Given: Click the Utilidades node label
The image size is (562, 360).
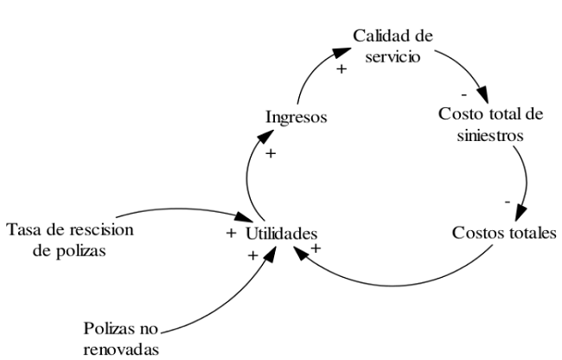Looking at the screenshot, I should pos(283,233).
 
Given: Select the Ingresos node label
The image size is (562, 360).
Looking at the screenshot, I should pos(297,118).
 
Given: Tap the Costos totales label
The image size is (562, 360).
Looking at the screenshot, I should pos(499,234).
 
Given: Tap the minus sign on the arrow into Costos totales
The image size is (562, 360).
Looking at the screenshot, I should pos(508,202).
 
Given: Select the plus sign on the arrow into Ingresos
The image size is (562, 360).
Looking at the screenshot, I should pos(270,154).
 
